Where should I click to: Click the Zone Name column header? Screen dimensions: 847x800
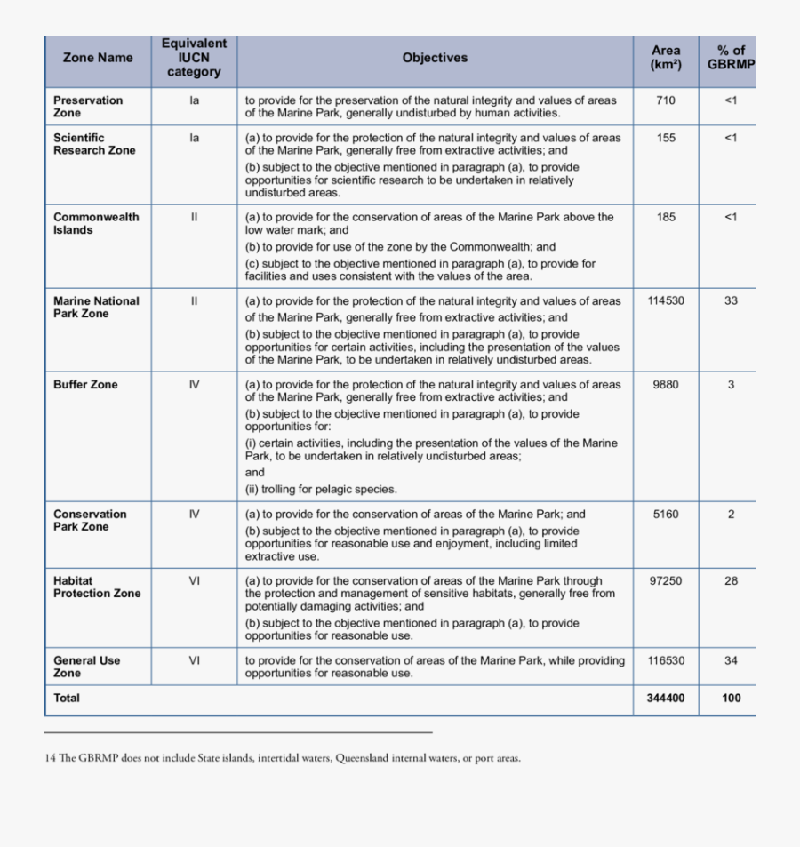click(x=98, y=58)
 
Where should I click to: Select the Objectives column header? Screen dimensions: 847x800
click(x=435, y=58)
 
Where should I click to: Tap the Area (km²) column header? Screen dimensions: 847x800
click(x=666, y=58)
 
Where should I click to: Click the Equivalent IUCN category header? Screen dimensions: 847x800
click(x=194, y=58)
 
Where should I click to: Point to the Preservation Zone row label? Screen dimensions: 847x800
click(x=88, y=107)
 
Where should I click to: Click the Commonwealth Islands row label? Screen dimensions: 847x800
click(x=96, y=223)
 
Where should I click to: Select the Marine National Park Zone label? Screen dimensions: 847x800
click(x=96, y=307)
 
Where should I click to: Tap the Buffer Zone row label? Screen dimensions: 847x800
click(x=85, y=385)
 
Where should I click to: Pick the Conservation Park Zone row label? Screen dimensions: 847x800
click(x=90, y=520)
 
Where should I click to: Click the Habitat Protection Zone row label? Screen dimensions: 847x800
click(x=97, y=587)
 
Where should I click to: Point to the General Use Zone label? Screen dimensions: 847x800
click(x=86, y=667)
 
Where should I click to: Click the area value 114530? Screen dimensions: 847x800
click(x=666, y=301)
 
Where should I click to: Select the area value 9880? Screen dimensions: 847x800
click(x=666, y=385)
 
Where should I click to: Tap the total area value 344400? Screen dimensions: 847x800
click(x=666, y=699)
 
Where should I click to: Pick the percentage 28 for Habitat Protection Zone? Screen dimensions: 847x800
click(x=731, y=581)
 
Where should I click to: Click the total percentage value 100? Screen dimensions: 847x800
click(x=731, y=699)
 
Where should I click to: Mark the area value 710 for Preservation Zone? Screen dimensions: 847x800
click(x=666, y=100)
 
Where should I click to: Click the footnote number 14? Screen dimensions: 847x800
click(x=50, y=758)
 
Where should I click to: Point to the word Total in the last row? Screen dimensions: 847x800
click(x=67, y=699)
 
